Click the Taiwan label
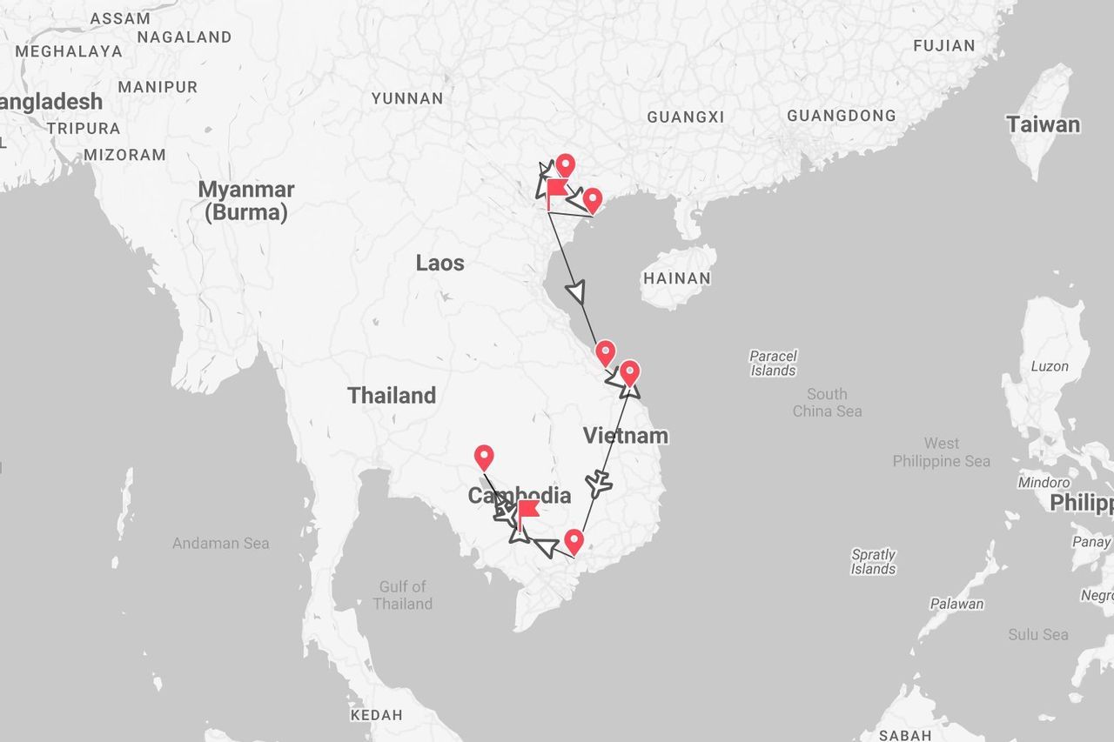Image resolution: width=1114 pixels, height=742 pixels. point(1043,124)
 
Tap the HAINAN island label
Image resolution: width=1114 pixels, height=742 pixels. point(677,278)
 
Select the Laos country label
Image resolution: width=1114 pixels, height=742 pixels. point(440,263)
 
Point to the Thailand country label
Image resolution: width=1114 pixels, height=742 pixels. point(392,395)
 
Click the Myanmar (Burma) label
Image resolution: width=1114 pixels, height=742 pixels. point(246,201)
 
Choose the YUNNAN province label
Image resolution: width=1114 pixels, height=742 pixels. point(407,98)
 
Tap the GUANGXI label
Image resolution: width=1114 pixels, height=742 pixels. point(686,117)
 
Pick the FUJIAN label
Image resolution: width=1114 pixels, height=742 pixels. point(944,45)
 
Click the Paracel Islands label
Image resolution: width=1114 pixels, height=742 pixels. point(773,363)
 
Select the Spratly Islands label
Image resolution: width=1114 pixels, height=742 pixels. point(873,561)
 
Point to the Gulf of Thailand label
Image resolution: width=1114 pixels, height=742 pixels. point(402,595)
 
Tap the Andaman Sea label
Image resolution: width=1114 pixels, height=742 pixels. point(220,543)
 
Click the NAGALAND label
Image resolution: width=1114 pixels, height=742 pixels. point(185,37)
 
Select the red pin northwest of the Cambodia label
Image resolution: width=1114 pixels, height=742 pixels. point(484,457)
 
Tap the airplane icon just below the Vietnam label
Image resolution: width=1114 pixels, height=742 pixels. point(599,483)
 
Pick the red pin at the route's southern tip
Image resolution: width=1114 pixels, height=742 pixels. point(574,541)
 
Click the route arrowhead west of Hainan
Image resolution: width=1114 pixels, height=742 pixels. point(576,291)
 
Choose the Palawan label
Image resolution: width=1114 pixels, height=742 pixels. point(956,604)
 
